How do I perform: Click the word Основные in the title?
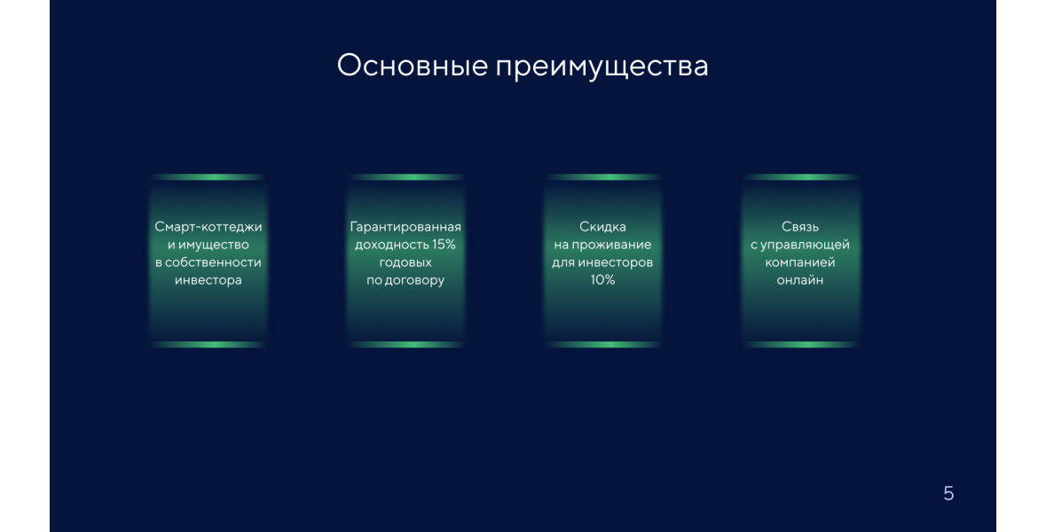[x=413, y=66]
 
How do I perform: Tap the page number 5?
[x=948, y=493]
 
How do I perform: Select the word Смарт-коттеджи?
[x=208, y=227]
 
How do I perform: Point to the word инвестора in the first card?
[x=208, y=281]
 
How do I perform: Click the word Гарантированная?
[x=405, y=227]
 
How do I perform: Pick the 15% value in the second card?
[x=443, y=245]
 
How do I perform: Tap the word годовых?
[x=405, y=263]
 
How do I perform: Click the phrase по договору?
[x=405, y=281]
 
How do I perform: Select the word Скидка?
[x=602, y=227]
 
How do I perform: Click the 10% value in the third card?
[x=602, y=280]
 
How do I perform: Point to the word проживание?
[x=611, y=245]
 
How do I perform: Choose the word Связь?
[x=800, y=227]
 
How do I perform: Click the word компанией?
[x=800, y=262]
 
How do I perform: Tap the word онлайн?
[x=800, y=281]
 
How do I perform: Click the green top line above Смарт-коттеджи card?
[x=208, y=177]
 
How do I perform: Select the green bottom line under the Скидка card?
[x=602, y=345]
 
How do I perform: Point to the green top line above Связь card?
[x=800, y=177]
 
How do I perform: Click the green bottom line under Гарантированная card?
[x=405, y=345]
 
